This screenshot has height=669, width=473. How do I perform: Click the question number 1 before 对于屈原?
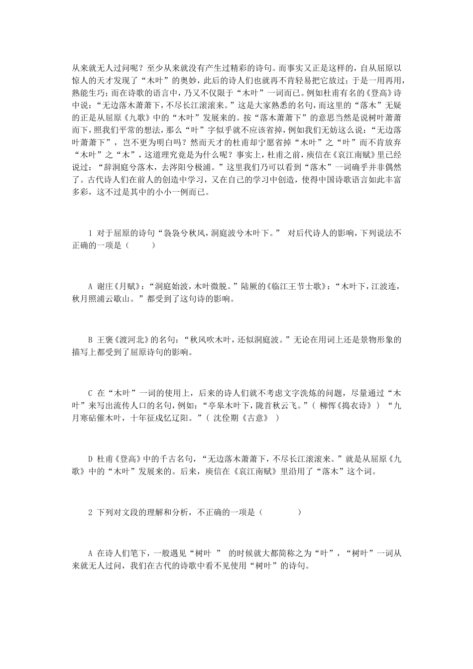[x=90, y=233]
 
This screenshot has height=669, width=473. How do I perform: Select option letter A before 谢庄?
[x=90, y=287]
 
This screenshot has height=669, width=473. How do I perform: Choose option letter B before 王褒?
[x=90, y=341]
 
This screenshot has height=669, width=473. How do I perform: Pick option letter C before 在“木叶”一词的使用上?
[x=90, y=394]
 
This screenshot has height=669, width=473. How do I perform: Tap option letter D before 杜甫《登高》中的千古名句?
[x=90, y=459]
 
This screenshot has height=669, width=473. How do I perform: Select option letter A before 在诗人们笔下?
[x=90, y=553]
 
